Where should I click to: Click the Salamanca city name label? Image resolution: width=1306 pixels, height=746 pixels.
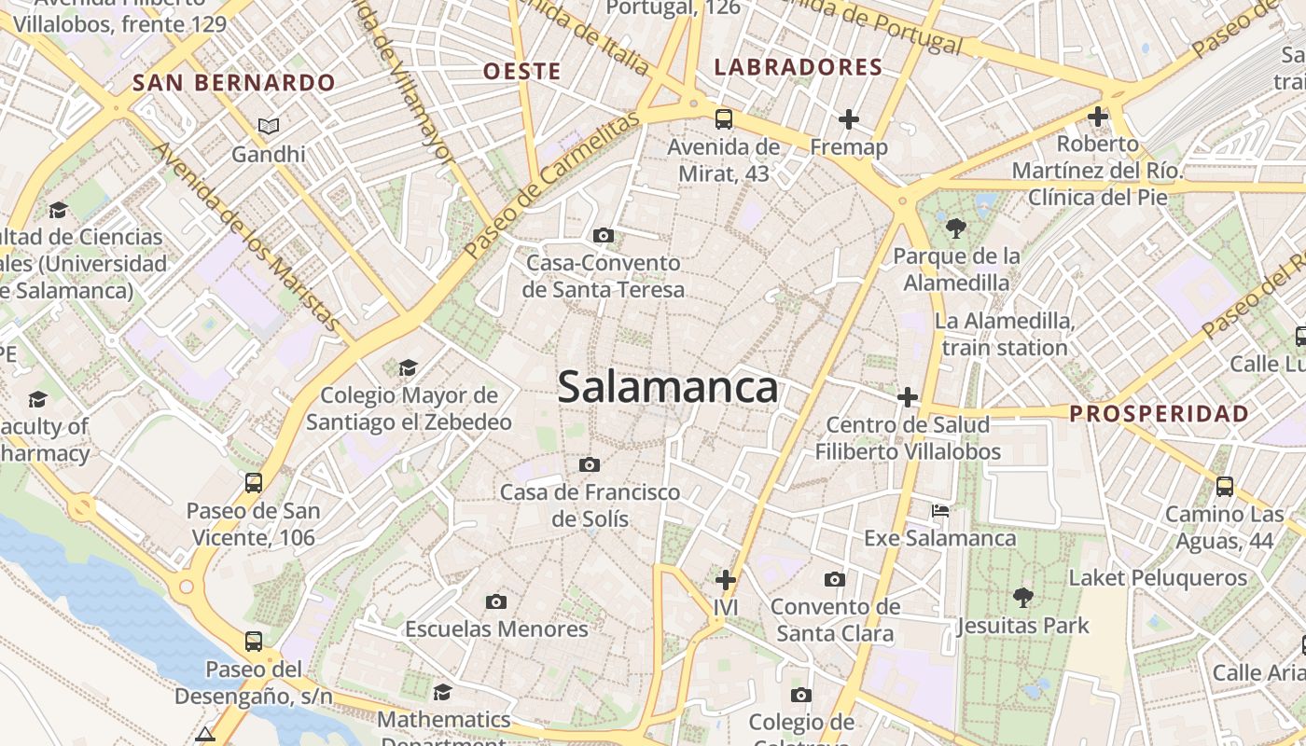point(668,387)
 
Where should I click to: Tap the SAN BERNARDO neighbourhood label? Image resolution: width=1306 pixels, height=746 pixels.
point(234,82)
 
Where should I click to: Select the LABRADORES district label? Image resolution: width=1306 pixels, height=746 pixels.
point(798,67)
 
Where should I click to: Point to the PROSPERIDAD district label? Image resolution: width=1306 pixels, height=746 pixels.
point(1159,413)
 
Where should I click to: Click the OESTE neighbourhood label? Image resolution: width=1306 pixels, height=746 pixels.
point(522,71)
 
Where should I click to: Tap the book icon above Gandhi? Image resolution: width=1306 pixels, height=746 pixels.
point(269,126)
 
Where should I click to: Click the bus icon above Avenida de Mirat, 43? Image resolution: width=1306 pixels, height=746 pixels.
point(724,118)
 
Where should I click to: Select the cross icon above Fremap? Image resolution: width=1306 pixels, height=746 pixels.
point(848,118)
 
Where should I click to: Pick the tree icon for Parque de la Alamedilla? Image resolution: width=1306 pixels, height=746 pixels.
point(955,228)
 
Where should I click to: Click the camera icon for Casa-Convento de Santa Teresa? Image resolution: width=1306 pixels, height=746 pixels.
point(604,235)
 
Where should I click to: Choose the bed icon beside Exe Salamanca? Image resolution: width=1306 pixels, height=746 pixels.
point(940,511)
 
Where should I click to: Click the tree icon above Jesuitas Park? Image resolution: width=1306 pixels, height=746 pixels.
point(1022,597)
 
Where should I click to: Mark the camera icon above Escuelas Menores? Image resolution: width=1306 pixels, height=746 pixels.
point(496,601)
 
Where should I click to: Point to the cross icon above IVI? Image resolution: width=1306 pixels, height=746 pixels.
point(725,580)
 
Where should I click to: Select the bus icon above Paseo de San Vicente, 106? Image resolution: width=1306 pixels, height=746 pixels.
point(254,482)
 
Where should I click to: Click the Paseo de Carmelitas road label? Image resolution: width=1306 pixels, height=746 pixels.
point(553,186)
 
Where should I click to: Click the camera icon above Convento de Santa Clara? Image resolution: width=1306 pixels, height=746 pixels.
point(835,580)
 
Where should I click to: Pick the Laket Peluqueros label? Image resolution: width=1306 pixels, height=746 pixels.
point(1158,578)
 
